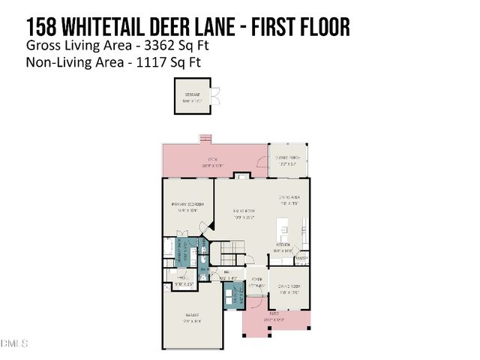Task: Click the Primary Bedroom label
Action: [187, 207]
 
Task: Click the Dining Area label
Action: [289, 200]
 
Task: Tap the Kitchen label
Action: [283, 245]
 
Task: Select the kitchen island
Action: [283, 225]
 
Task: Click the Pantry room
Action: [301, 259]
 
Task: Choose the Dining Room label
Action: [289, 289]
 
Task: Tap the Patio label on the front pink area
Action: [276, 317]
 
